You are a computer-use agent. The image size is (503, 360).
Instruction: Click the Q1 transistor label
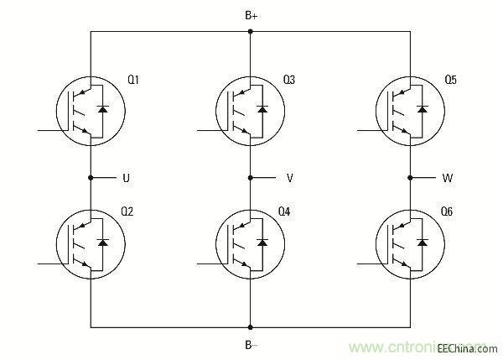click(x=133, y=80)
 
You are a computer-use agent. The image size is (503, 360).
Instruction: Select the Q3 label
click(x=289, y=80)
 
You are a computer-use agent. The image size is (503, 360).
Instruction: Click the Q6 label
click(x=446, y=212)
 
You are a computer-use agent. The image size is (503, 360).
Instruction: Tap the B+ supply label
click(x=251, y=15)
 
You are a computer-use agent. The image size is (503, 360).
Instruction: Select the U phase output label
click(x=126, y=178)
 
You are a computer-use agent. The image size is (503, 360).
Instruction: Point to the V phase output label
click(x=289, y=178)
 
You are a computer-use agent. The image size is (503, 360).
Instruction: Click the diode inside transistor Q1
click(x=103, y=109)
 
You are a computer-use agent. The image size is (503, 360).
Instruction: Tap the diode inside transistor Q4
click(x=262, y=242)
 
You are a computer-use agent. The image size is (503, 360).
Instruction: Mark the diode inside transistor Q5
click(x=423, y=109)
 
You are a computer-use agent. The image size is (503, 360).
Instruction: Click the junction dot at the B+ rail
click(x=250, y=32)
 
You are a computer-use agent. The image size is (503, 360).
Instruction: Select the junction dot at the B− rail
click(x=250, y=326)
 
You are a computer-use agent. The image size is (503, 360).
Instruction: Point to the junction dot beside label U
click(x=91, y=178)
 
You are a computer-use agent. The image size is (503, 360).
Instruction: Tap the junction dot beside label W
click(x=411, y=178)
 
